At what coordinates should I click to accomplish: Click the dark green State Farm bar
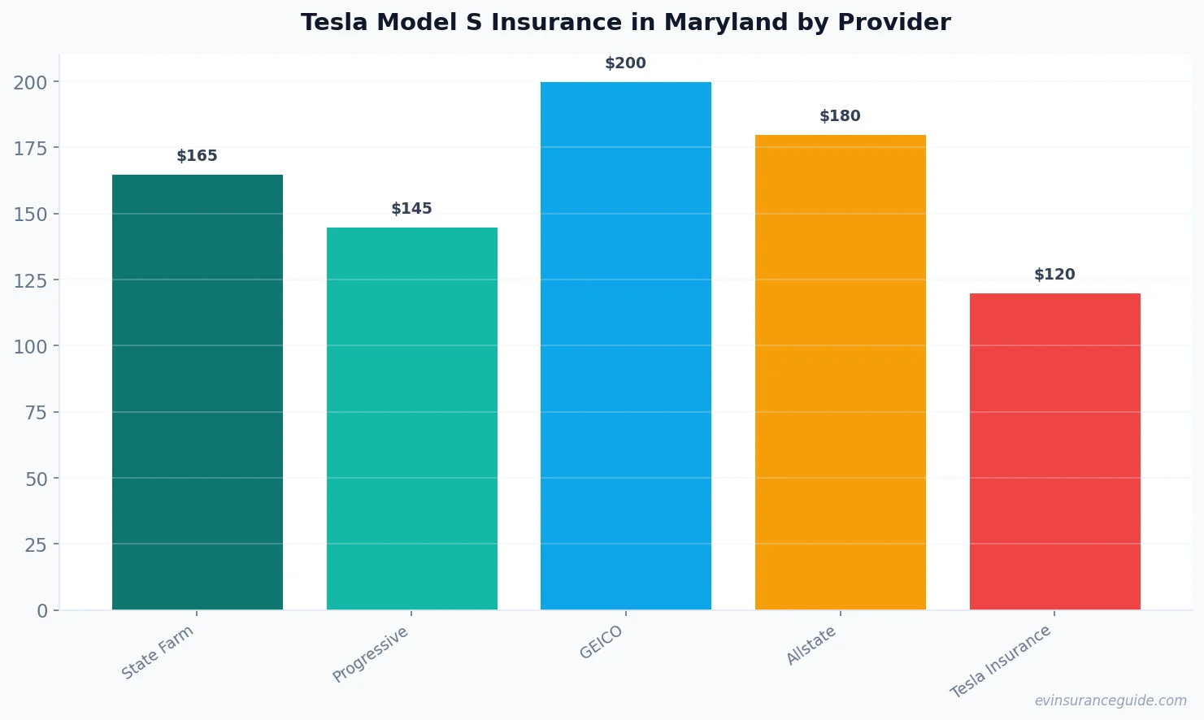198,392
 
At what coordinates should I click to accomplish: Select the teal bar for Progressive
412,419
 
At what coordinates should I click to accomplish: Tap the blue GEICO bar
626,345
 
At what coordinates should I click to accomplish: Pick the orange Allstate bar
841,372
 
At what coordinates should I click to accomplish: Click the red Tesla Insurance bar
1054,451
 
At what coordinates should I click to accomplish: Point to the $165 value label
198,156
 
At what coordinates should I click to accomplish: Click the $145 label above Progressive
412,209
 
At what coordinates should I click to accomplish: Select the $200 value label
626,63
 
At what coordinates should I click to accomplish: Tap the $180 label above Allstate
841,116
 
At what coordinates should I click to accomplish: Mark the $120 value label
1054,275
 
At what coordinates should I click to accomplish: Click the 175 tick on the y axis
30,148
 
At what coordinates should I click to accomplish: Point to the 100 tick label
30,346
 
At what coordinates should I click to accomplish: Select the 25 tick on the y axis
36,544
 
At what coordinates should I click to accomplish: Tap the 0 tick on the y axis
42,611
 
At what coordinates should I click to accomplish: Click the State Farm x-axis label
158,653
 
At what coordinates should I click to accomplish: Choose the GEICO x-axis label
602,643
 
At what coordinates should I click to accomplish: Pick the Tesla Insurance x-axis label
1001,662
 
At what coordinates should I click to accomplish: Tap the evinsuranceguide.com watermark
1111,700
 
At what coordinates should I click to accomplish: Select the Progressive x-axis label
371,655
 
